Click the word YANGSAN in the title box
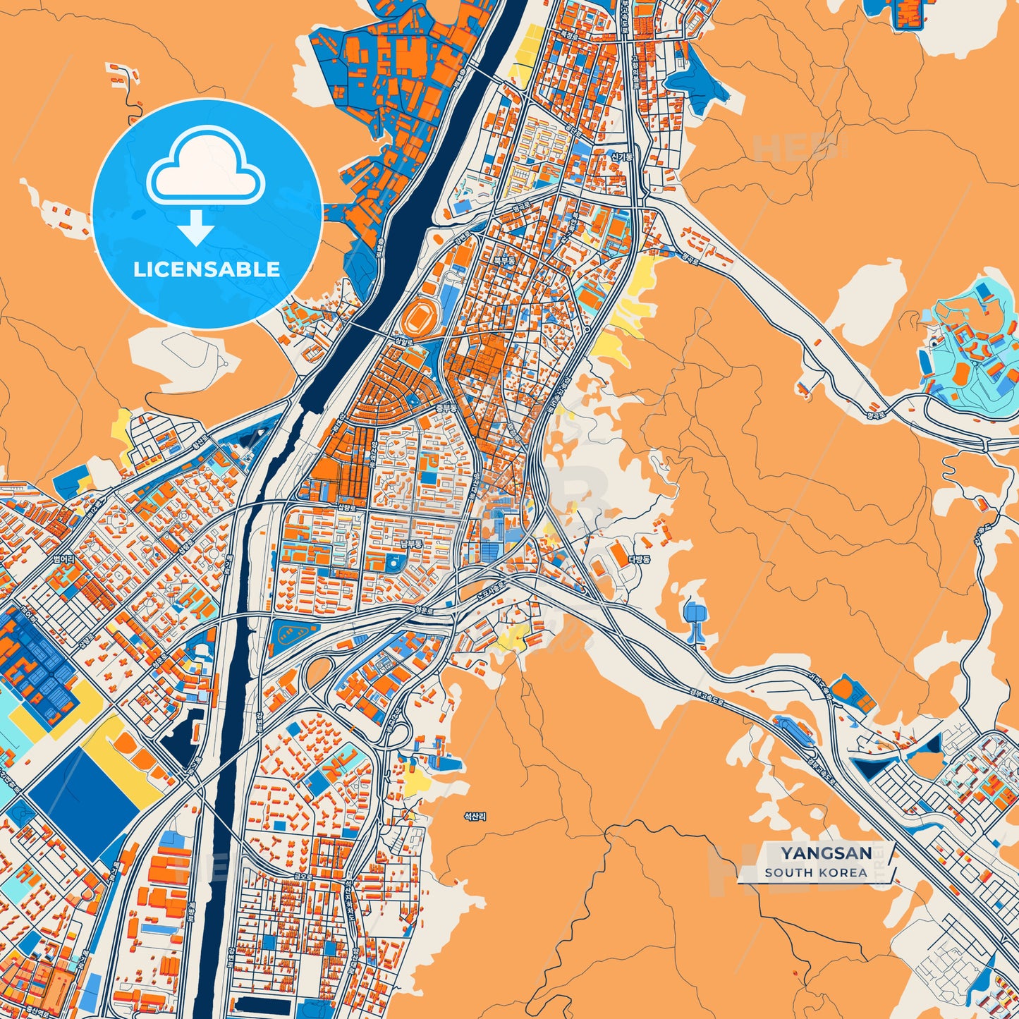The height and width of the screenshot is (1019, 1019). pyautogui.click(x=826, y=853)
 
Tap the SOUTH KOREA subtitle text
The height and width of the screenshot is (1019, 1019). pyautogui.click(x=816, y=872)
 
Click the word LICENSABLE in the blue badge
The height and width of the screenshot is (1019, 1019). pyautogui.click(x=207, y=269)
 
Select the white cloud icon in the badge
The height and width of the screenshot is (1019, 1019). pyautogui.click(x=205, y=165)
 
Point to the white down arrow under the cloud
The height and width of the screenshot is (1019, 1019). pyautogui.click(x=196, y=227)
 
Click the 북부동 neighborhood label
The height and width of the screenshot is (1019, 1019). pyautogui.click(x=504, y=260)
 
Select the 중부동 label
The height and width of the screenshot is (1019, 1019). pyautogui.click(x=446, y=408)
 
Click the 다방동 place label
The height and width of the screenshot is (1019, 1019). pyautogui.click(x=639, y=559)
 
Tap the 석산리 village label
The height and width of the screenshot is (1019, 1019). pyautogui.click(x=475, y=816)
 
